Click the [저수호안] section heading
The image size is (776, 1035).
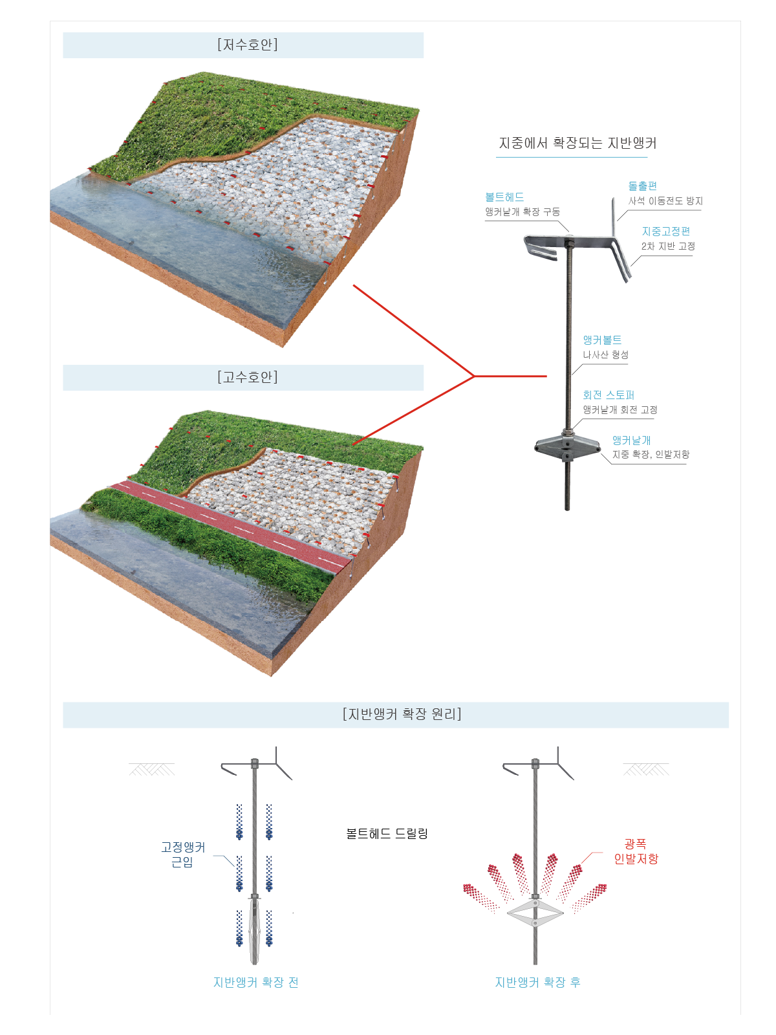(x=248, y=45)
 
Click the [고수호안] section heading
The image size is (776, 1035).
(x=248, y=376)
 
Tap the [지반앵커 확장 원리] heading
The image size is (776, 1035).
(x=402, y=714)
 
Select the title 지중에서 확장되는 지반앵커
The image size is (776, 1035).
(x=577, y=143)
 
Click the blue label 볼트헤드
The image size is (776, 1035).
(x=504, y=197)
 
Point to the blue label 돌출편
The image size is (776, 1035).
(x=642, y=186)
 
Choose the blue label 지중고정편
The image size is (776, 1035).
(x=666, y=232)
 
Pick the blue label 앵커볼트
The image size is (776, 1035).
(x=602, y=340)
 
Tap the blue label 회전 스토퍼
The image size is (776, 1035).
(x=609, y=395)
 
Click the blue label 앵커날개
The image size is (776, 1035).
(x=631, y=441)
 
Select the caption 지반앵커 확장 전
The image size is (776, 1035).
(x=256, y=982)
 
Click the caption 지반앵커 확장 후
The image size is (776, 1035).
(x=537, y=982)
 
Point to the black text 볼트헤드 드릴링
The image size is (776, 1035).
(x=387, y=834)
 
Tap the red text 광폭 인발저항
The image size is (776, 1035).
(x=636, y=851)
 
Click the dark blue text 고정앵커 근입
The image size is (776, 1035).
(x=183, y=855)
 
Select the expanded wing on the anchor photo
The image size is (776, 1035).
(x=567, y=446)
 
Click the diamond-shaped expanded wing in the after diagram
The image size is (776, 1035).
(x=535, y=913)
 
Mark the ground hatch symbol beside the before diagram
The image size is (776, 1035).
(x=152, y=770)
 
